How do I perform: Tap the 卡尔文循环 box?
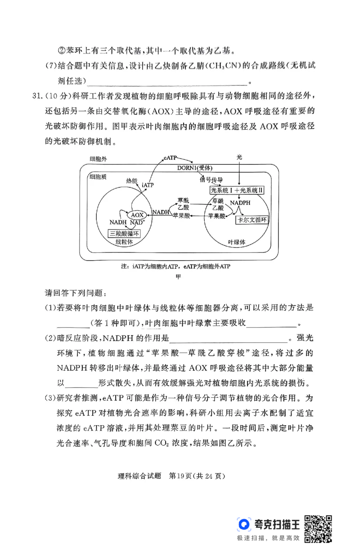point(252,220)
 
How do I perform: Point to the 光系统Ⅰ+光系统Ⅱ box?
point(237,191)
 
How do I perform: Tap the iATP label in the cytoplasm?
point(148,185)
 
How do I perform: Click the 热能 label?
point(132,180)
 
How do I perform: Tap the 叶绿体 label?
point(236,242)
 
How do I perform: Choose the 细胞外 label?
point(98,159)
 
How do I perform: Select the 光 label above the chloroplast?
point(239,157)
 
